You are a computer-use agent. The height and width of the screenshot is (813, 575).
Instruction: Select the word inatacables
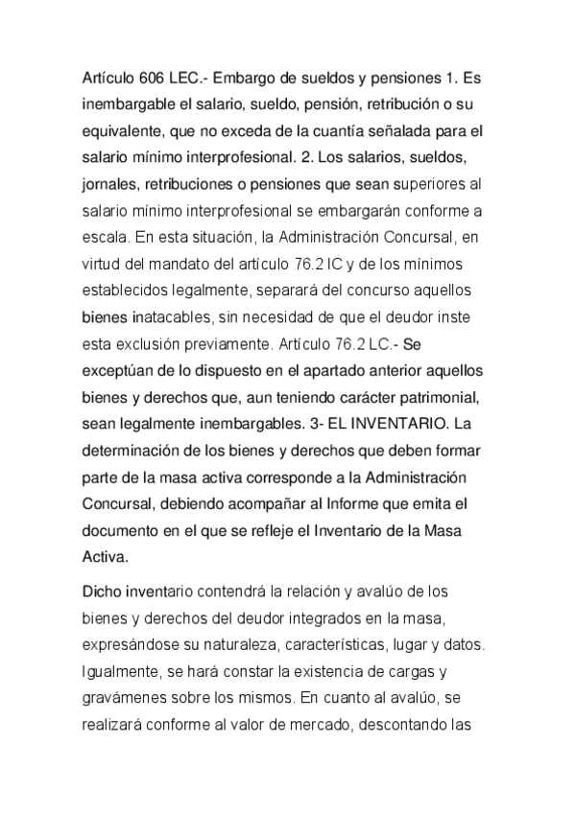click(168, 306)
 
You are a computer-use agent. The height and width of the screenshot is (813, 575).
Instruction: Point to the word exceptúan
click(123, 356)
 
